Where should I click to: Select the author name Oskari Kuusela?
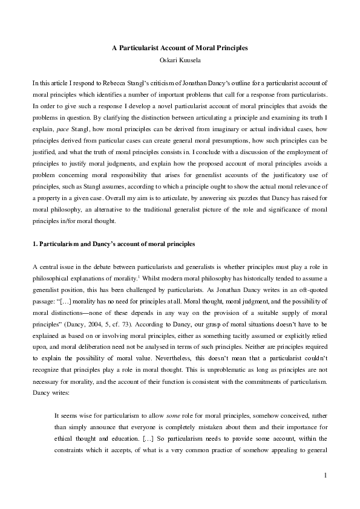pos(180,59)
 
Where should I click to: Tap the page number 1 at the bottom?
pos(325,475)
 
